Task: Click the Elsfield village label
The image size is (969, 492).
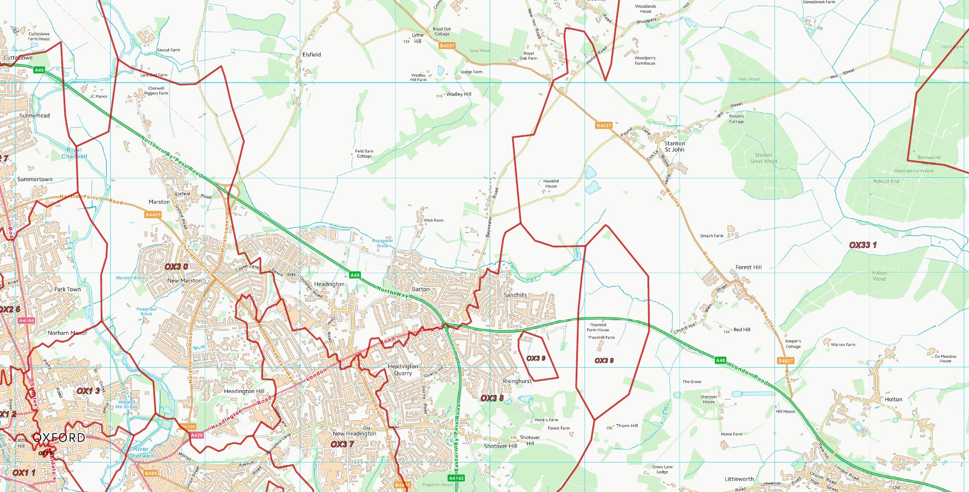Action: coord(311,55)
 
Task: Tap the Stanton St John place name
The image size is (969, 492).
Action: coord(674,146)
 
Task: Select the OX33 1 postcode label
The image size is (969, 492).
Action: coord(862,245)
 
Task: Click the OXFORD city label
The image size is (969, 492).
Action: coord(59,438)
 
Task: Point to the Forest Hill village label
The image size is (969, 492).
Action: coord(748,267)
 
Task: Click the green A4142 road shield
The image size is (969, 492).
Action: coord(456,478)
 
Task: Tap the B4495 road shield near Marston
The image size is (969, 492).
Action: coord(153,215)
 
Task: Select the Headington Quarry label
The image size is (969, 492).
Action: coord(403,370)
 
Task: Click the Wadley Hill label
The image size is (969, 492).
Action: coord(458,94)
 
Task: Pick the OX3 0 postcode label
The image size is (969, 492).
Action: coord(176,267)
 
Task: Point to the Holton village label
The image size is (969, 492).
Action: coord(893,399)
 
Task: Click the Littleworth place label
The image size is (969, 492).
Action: coord(739,479)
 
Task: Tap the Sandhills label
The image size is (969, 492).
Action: coord(515,295)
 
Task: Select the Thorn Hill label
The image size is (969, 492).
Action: coord(627,425)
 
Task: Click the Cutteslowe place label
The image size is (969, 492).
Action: coord(18,57)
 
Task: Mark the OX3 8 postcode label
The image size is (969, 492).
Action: coord(491,398)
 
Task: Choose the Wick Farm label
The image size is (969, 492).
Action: coord(433,220)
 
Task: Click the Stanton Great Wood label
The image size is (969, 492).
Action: coord(764,158)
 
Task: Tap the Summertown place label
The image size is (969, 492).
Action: coord(35,179)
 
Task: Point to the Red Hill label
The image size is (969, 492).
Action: coord(742,329)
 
